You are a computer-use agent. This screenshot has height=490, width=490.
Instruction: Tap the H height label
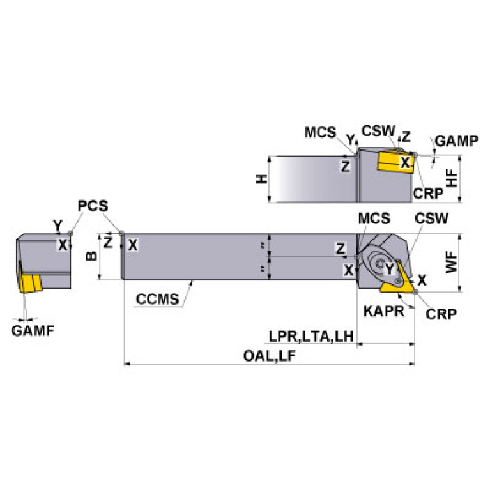click(260, 180)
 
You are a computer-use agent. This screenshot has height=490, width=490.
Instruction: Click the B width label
click(91, 256)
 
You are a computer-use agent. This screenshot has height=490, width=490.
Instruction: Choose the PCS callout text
click(93, 206)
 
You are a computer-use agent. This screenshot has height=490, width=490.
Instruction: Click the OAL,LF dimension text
click(270, 357)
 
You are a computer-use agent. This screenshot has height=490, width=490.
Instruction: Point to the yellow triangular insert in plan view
click(397, 285)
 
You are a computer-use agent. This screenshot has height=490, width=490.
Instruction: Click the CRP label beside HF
click(426, 192)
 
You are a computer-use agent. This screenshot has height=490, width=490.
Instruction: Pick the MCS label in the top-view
click(320, 132)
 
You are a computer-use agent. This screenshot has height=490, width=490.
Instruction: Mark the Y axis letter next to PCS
click(57, 225)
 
